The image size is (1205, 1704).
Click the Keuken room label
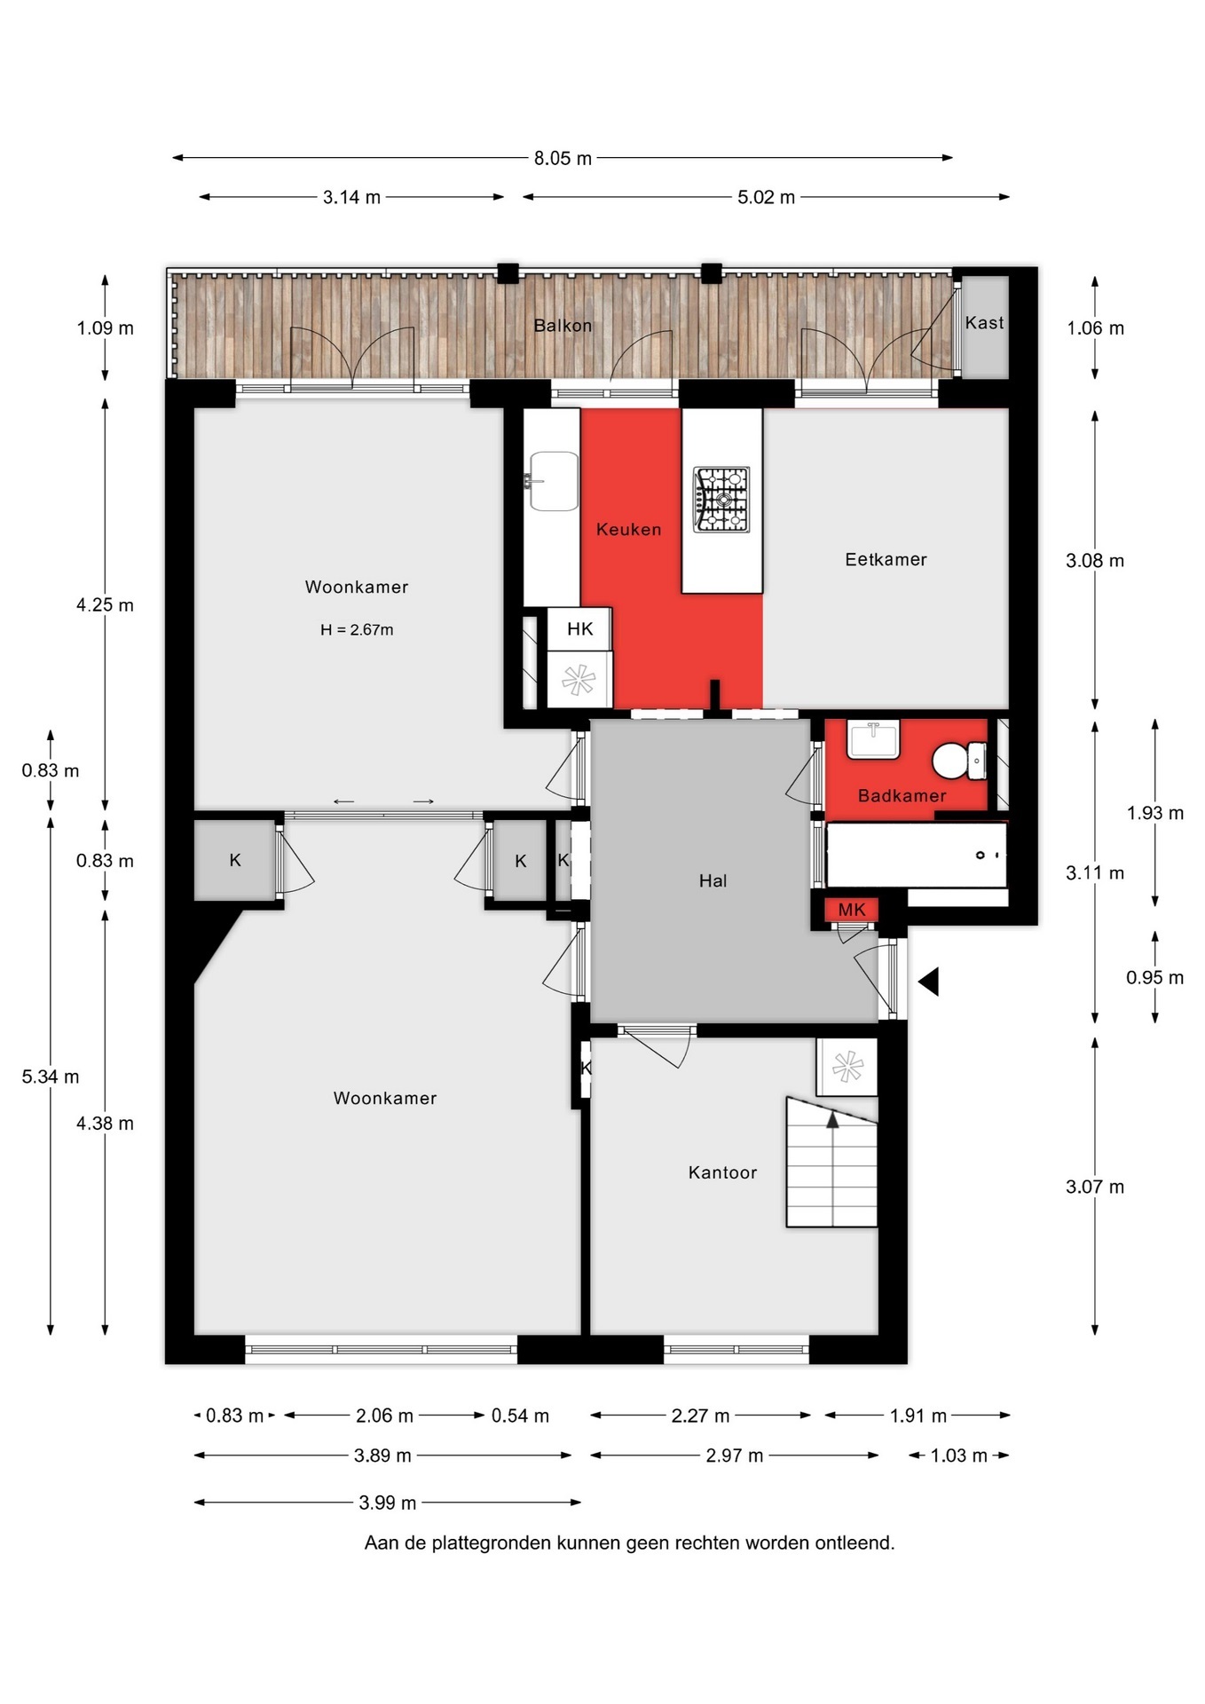coord(628,530)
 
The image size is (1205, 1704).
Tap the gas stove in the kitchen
coord(721,500)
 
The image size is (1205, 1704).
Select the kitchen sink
coord(553,481)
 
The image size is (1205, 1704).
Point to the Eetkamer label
coord(886,560)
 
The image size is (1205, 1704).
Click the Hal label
coord(713,881)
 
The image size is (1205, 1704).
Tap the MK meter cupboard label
coord(852,910)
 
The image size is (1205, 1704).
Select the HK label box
coord(579,629)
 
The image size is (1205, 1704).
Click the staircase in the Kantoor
coord(831,1163)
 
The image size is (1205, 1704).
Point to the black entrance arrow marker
coord(928,982)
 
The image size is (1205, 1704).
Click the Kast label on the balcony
coord(984,323)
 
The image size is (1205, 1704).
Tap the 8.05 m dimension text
coord(563,159)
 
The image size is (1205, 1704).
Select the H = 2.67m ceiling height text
coord(357,630)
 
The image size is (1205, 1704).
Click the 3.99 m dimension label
coord(387,1503)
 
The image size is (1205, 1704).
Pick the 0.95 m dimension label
coord(1154,978)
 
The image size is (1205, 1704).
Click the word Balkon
coord(563,326)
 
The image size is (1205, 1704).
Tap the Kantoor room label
coord(722,1173)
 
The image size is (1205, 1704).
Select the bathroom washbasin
coord(873,739)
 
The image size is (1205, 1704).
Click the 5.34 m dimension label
coord(51,1077)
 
